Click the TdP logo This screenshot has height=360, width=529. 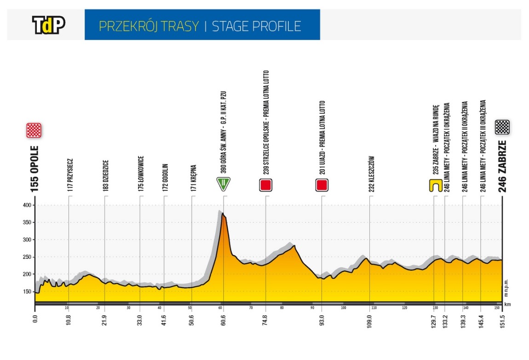48,25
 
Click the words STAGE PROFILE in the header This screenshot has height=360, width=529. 256,26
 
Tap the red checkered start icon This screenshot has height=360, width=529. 34,130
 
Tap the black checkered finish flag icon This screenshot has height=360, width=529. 502,127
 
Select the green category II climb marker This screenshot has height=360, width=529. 223,184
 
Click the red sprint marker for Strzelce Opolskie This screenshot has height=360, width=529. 265,185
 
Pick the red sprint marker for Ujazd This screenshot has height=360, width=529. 322,185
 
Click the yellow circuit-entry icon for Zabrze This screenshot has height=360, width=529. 434,185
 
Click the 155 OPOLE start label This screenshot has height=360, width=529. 34,169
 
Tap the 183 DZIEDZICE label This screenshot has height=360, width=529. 105,176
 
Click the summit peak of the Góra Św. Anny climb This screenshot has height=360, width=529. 223,213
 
